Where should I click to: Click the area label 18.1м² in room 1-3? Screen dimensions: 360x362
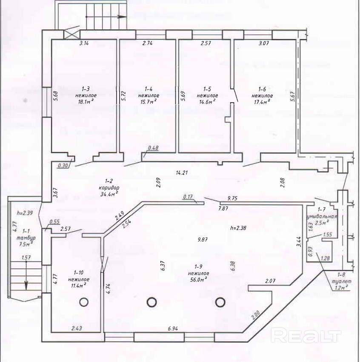pyautogui.click(x=85, y=102)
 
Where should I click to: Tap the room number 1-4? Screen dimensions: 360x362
pyautogui.click(x=149, y=89)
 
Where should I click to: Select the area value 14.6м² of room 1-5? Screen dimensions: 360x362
pyautogui.click(x=207, y=102)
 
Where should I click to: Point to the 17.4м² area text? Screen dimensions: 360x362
pyautogui.click(x=262, y=102)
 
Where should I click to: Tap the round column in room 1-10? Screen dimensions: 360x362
pyautogui.click(x=83, y=302)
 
